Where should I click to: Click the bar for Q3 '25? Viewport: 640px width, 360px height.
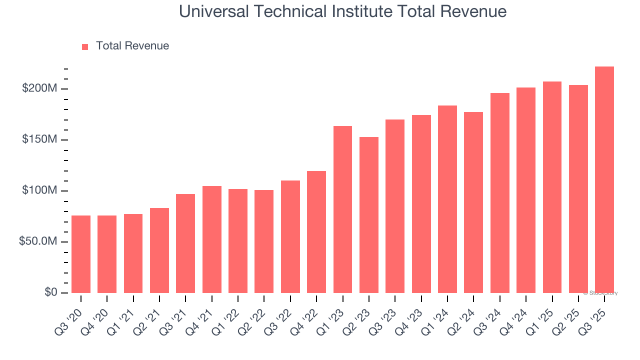[x=604, y=179]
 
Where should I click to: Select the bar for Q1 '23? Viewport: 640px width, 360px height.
[x=342, y=209]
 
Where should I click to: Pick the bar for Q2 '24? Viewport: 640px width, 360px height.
[x=473, y=202]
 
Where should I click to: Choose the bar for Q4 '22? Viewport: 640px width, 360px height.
[x=316, y=232]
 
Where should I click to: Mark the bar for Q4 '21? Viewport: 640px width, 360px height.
[x=212, y=239]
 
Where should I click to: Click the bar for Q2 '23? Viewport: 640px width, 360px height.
[x=369, y=215]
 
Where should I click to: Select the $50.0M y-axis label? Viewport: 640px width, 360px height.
[x=37, y=241]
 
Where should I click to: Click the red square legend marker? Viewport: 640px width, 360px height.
[x=85, y=46]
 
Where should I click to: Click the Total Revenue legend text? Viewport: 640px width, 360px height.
[x=132, y=46]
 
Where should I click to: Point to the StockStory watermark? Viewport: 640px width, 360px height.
[x=600, y=293]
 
